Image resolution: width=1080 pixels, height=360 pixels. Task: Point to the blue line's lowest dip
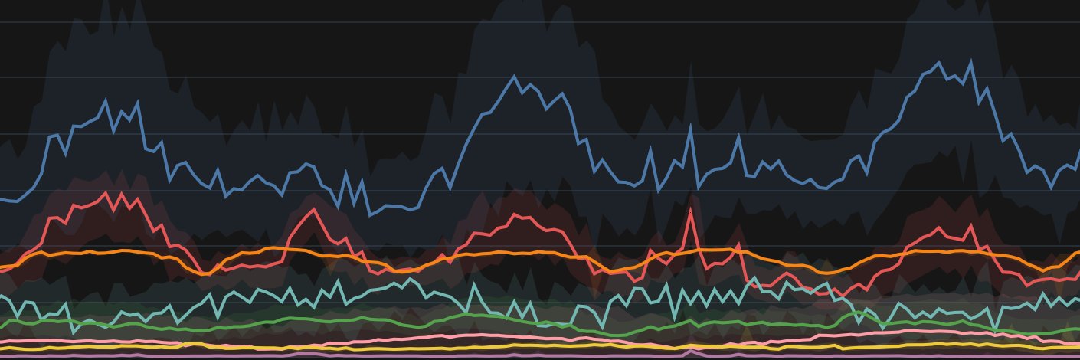click(371, 215)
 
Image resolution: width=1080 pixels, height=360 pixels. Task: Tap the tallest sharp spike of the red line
click(691, 208)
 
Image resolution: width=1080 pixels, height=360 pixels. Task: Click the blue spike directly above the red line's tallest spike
click(691, 126)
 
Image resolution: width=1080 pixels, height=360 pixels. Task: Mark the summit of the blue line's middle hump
click(515, 76)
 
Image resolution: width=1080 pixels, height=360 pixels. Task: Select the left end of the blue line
click(1, 199)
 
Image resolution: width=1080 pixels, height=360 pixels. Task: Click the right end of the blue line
click(1078, 151)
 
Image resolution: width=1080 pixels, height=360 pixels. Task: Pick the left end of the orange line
click(1, 267)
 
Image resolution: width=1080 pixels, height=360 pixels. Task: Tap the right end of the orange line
click(1078, 252)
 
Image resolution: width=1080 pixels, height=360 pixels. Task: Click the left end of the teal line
click(1, 295)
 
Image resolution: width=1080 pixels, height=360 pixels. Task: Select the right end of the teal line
click(1078, 299)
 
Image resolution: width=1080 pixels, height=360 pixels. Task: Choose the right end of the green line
click(1078, 329)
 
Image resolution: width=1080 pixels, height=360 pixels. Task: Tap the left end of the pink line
click(1, 341)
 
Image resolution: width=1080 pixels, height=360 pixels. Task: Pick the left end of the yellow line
click(1, 349)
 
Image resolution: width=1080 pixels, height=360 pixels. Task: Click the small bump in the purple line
click(691, 352)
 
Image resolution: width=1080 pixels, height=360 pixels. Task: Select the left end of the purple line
click(1, 355)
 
